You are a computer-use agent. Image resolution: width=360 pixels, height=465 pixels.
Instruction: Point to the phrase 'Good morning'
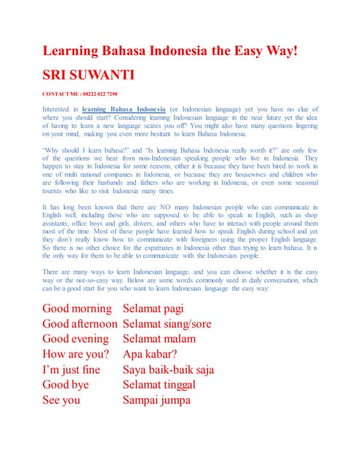[x=78, y=309]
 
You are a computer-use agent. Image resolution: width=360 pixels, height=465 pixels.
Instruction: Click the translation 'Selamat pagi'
[x=158, y=309]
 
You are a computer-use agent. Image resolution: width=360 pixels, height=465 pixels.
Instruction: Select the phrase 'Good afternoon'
[x=80, y=323]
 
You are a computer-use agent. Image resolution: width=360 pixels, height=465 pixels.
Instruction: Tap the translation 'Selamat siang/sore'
[x=172, y=323]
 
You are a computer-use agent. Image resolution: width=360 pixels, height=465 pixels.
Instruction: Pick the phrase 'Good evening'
[x=76, y=339]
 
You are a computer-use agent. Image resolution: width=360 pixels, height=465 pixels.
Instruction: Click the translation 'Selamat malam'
[x=159, y=339]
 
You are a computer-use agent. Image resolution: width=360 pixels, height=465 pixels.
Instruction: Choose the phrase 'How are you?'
[x=76, y=354]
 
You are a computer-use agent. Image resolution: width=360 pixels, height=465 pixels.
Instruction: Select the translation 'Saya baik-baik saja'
[x=168, y=369]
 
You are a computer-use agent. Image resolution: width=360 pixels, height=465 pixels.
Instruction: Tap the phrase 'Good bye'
[x=66, y=384]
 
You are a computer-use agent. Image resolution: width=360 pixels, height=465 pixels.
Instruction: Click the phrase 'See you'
[x=63, y=400]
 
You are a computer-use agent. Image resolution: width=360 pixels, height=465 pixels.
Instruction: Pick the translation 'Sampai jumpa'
[x=156, y=400]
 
